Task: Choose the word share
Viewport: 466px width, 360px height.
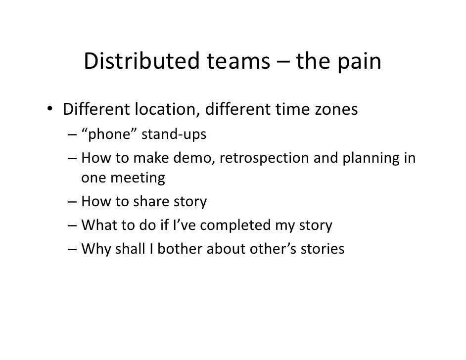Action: click(144, 202)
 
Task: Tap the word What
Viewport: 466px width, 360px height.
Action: click(98, 225)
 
